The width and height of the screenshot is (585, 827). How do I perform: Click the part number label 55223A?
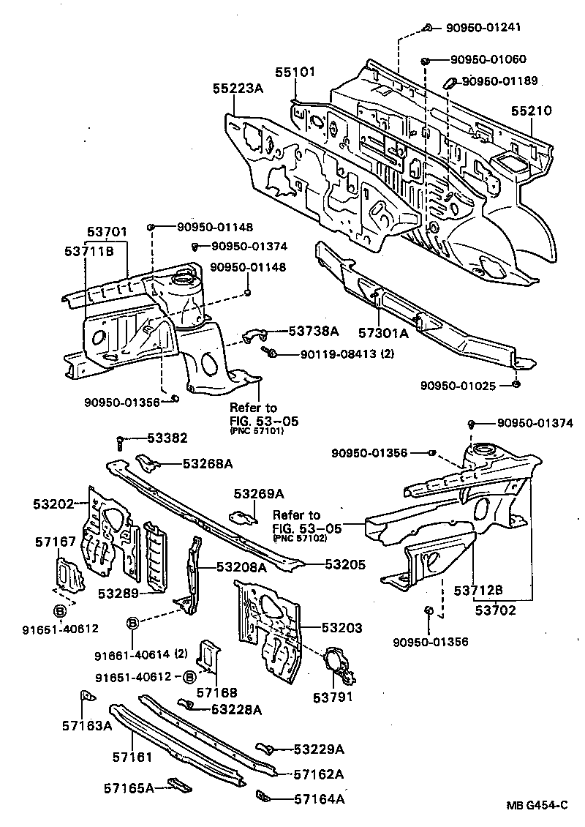coord(239,88)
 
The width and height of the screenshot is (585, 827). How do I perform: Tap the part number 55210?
coord(531,111)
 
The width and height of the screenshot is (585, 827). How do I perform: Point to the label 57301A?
coord(383,334)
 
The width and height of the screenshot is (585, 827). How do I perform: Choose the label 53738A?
coord(313,331)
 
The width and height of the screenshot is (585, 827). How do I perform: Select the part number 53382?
coord(167,438)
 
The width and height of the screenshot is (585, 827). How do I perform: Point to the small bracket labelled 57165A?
coord(178,785)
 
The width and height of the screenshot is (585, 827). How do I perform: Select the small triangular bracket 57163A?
coord(85,696)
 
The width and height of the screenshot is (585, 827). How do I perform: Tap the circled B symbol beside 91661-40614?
coord(133,623)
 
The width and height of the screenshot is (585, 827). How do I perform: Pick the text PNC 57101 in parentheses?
coord(254,432)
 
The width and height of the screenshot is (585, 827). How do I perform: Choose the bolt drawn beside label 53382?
coord(119,441)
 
